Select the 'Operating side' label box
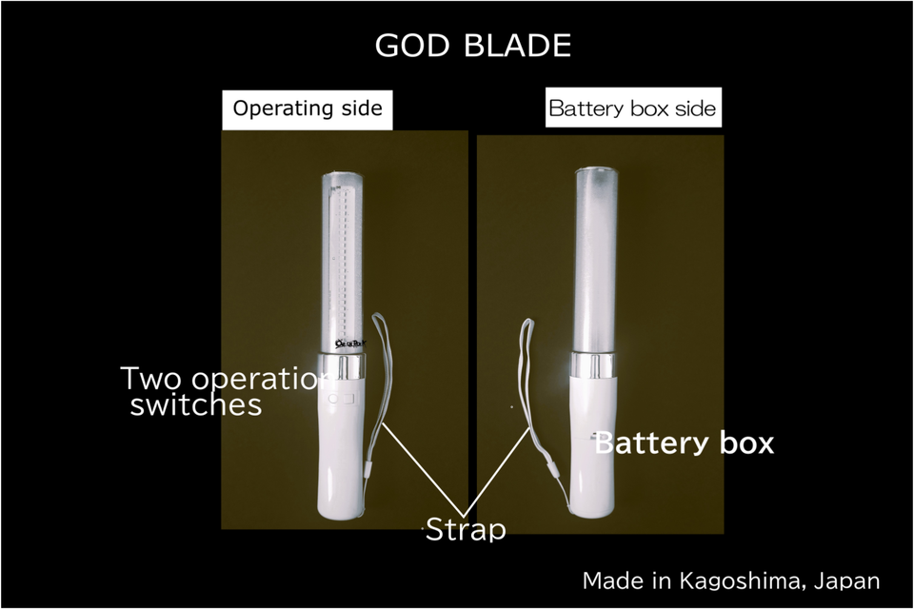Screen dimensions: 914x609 click(x=308, y=108)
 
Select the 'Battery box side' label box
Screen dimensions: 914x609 click(x=631, y=108)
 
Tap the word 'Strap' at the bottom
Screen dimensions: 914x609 click(x=465, y=529)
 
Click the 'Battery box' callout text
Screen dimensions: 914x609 click(x=684, y=443)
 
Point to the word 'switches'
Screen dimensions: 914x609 click(x=195, y=405)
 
